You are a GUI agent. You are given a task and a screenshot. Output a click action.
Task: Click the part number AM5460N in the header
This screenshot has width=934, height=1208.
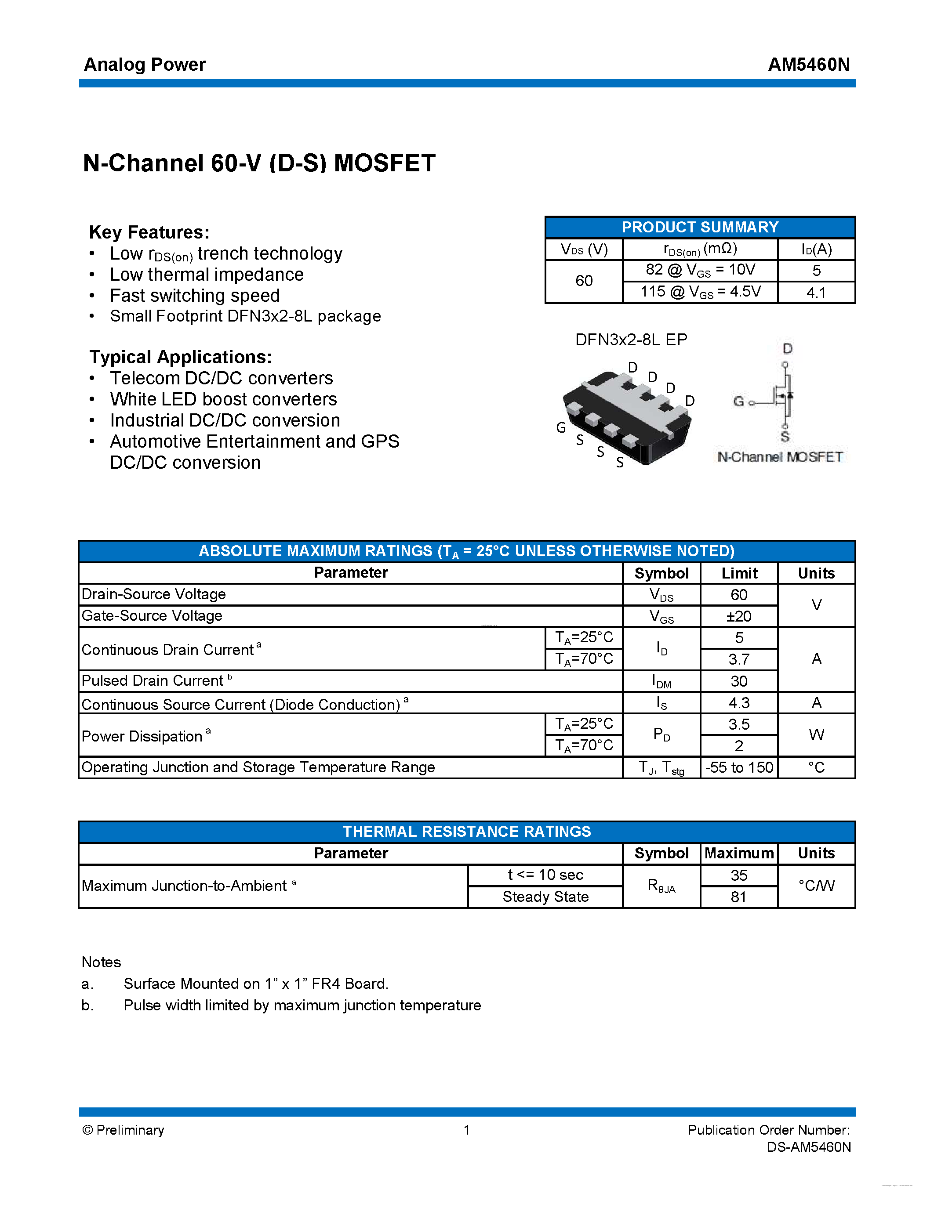tap(808, 65)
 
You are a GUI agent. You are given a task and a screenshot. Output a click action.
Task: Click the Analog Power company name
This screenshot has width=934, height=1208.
tap(145, 65)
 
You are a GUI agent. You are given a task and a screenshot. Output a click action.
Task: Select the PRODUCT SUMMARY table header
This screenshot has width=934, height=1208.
tap(699, 228)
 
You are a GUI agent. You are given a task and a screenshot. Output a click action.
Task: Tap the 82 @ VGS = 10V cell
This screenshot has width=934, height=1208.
tap(700, 270)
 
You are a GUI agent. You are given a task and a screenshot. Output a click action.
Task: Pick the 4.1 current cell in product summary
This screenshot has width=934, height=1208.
tap(816, 293)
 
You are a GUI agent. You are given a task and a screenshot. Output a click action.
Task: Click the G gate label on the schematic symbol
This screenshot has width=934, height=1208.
tap(738, 401)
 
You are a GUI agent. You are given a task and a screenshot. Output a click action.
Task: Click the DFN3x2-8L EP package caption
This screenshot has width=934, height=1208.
tap(631, 340)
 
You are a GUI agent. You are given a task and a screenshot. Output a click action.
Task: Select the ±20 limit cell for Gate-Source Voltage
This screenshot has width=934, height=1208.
tap(739, 616)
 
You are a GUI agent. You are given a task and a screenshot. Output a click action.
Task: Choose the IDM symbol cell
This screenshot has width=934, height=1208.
tap(661, 681)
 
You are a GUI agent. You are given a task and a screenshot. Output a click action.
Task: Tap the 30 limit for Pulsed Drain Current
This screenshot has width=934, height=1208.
tap(739, 681)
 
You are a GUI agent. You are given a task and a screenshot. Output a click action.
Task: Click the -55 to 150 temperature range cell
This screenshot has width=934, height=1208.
tap(739, 768)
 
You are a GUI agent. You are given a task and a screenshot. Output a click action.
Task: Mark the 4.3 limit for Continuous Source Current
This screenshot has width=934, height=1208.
tap(739, 703)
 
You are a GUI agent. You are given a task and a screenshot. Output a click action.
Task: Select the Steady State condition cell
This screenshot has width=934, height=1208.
tap(545, 897)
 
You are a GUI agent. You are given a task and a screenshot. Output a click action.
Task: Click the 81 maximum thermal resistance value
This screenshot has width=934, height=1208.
tap(739, 897)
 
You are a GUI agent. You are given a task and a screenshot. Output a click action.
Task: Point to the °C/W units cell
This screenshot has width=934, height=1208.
tap(816, 886)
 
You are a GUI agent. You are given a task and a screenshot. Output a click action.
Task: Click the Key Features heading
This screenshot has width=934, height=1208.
tap(149, 232)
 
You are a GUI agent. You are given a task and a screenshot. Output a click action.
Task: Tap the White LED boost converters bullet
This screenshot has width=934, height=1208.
tap(223, 399)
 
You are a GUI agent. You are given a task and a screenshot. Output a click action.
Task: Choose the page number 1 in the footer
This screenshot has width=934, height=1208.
tap(466, 1130)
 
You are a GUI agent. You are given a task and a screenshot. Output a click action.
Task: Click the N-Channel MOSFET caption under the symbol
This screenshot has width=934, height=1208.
tap(780, 457)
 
